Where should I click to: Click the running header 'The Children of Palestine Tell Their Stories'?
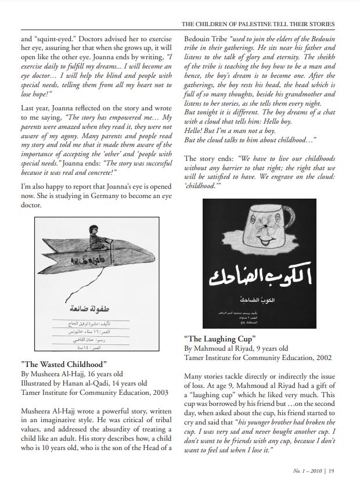[x=258, y=24]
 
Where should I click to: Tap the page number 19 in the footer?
[x=331, y=471]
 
